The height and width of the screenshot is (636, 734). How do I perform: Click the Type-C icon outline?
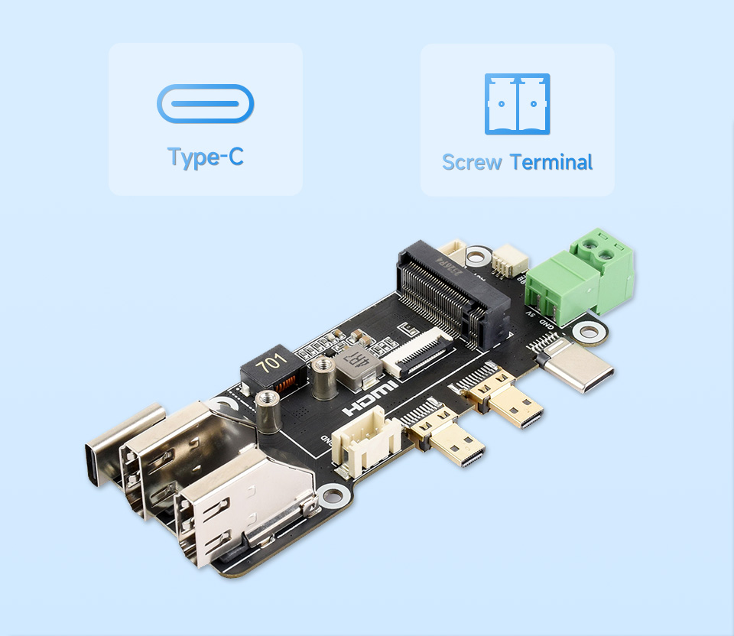point(205,104)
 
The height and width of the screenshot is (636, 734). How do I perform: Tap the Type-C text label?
point(205,157)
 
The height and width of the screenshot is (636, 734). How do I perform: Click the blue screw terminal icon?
point(517,104)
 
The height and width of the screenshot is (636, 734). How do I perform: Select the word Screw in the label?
point(472,162)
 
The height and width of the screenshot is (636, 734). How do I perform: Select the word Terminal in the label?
point(551,162)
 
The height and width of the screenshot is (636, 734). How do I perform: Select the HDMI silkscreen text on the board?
point(371,398)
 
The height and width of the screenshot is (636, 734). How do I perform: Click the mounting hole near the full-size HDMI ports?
point(333,498)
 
